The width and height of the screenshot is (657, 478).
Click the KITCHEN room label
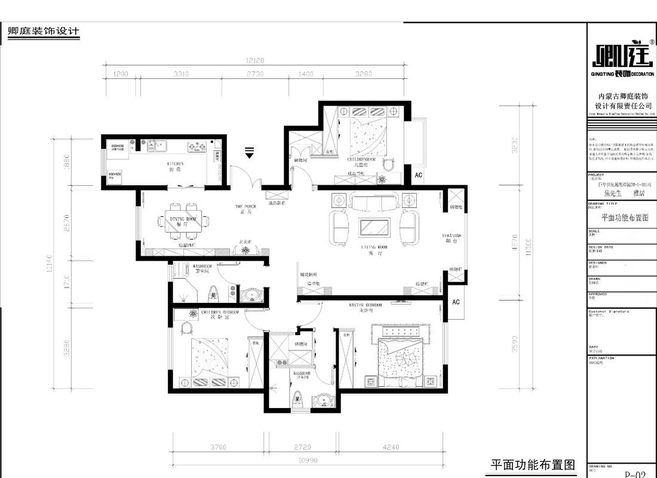coord(174,163)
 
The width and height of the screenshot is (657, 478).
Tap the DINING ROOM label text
coord(183,219)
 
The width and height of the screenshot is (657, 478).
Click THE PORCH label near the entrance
coord(245,207)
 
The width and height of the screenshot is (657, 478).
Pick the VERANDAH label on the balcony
coord(450,235)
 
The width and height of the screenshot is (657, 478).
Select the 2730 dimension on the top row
coord(255,74)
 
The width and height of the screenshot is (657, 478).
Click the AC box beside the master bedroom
coord(456,302)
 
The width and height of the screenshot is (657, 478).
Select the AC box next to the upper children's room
coord(418,174)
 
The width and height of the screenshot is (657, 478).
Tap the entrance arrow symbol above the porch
coord(250,152)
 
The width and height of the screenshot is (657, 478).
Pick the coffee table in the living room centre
coord(374,228)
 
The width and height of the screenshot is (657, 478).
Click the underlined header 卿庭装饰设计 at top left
coord(42,32)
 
